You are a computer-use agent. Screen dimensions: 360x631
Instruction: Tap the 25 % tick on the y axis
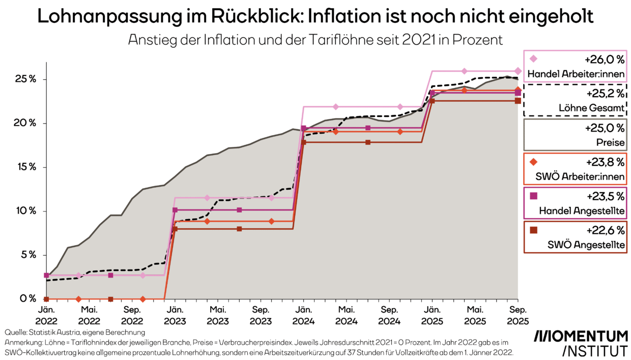(25, 79)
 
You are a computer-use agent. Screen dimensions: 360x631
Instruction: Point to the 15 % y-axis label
(25, 167)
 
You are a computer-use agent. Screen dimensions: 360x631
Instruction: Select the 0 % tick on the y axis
(28, 298)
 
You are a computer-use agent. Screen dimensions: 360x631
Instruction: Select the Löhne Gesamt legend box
(575, 100)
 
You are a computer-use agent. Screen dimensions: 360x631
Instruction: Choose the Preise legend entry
(575, 135)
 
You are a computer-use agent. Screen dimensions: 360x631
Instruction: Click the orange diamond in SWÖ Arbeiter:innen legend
(534, 162)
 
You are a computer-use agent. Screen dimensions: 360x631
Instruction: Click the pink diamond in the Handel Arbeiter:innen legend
(534, 59)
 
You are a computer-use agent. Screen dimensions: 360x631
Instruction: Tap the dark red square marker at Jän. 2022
(46, 299)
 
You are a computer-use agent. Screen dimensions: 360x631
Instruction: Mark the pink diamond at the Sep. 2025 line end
(518, 71)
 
